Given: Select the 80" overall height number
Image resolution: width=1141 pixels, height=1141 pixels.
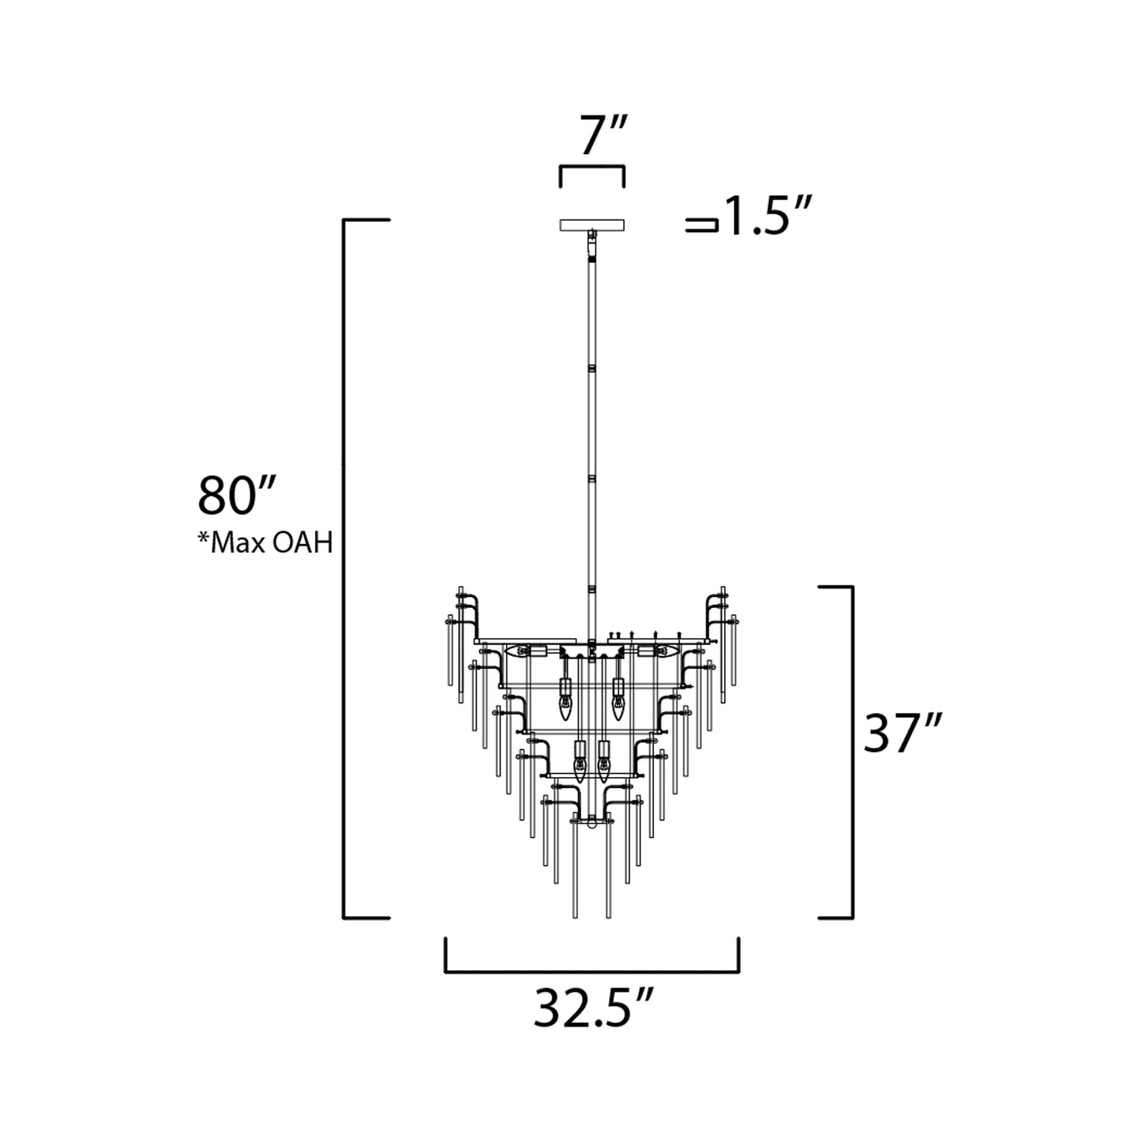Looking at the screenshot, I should coord(235,496).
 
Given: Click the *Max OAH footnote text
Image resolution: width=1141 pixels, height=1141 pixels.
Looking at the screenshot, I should coord(265,543).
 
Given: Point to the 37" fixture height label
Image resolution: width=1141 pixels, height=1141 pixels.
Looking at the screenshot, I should coord(903,734).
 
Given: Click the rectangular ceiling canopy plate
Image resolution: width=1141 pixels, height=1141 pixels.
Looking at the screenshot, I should coord(591,225).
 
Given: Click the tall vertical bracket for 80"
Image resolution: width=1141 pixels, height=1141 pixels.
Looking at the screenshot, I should coord(345,569).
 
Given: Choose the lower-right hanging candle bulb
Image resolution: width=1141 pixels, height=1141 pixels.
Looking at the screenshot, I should coord(605,766).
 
